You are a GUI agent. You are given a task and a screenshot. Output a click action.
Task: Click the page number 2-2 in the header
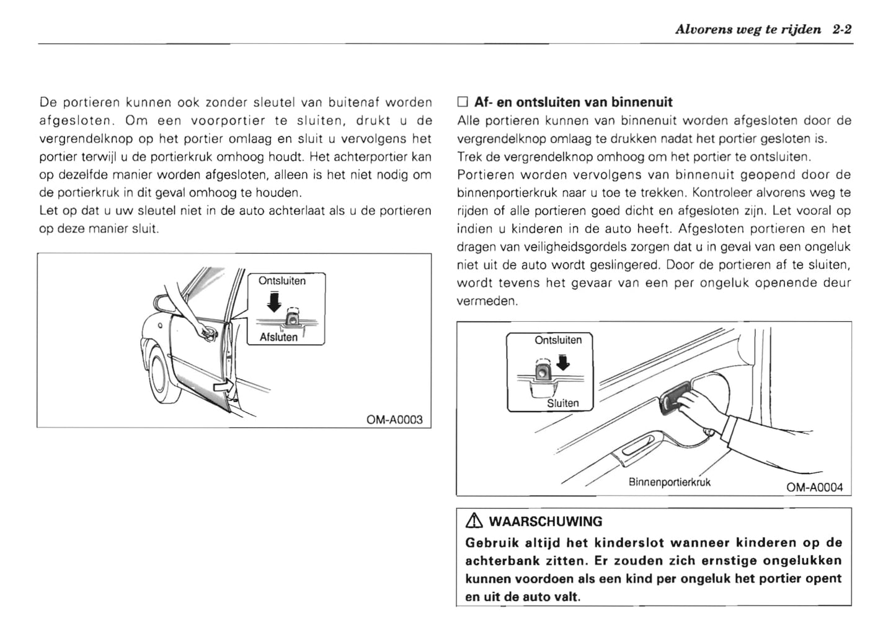click(x=842, y=29)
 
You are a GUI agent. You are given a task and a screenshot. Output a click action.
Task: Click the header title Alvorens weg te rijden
click(x=748, y=29)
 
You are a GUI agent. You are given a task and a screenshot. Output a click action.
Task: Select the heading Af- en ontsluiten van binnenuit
click(x=573, y=102)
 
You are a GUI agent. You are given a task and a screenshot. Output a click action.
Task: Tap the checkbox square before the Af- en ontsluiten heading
click(x=462, y=102)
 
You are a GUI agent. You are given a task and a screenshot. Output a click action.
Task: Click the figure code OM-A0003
click(x=394, y=420)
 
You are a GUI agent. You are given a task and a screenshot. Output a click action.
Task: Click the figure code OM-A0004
click(x=814, y=487)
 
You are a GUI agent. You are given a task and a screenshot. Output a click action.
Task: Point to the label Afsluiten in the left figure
click(x=278, y=337)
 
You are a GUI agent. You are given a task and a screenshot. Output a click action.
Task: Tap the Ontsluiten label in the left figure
click(x=282, y=281)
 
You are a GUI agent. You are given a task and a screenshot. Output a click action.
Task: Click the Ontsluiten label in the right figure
click(x=558, y=340)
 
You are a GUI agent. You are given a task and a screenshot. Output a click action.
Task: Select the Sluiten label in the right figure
click(x=562, y=403)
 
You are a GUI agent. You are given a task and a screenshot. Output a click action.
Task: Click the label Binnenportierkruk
click(x=669, y=482)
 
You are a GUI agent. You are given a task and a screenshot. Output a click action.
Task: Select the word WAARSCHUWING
click(x=546, y=522)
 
